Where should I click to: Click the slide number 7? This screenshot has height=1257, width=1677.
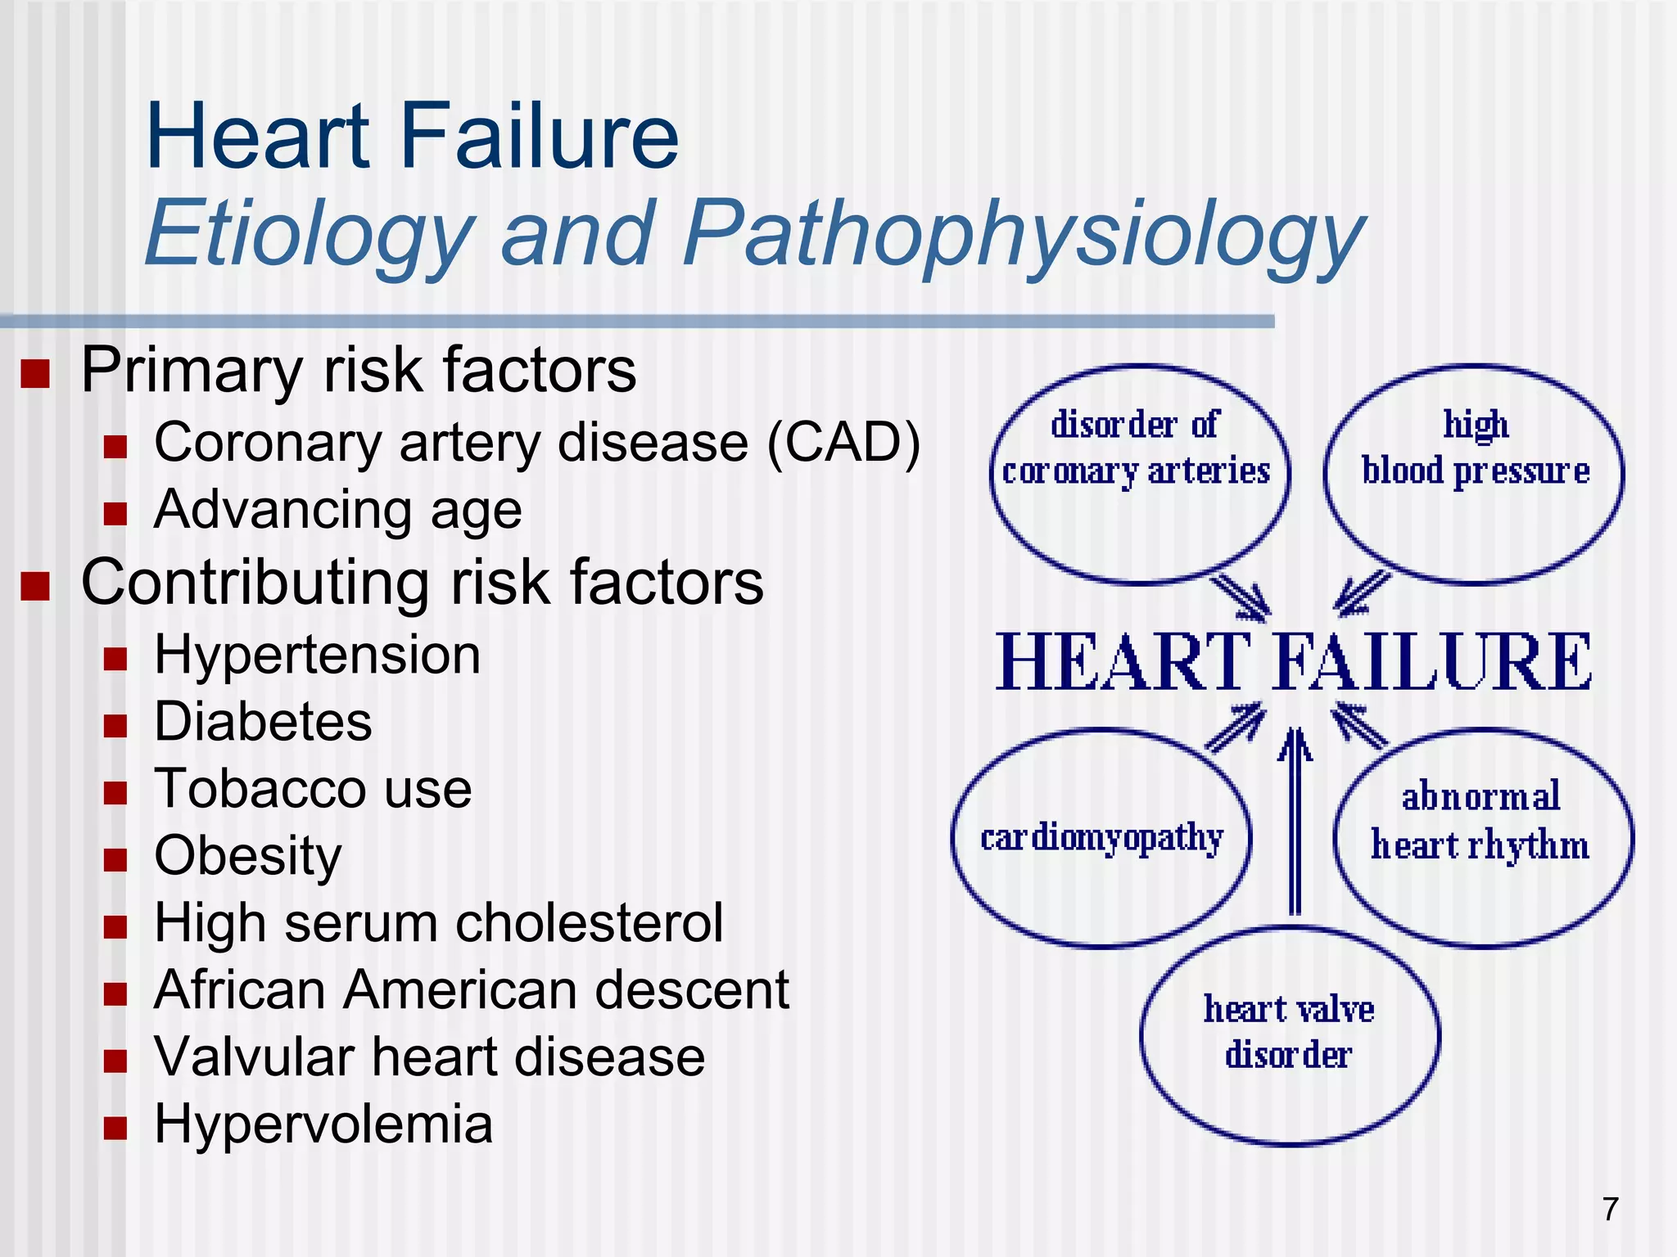[x=1610, y=1209]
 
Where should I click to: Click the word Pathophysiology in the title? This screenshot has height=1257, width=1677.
[x=1024, y=235]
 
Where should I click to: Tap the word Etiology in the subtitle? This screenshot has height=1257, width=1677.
[x=310, y=235]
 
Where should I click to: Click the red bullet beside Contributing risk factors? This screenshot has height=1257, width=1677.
[x=35, y=586]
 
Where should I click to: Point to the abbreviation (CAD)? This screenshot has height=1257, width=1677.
[x=843, y=443]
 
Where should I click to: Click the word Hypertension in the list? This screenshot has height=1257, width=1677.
[x=317, y=656]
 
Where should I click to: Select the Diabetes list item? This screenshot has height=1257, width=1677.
[x=263, y=722]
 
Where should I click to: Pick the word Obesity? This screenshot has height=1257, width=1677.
[x=247, y=856]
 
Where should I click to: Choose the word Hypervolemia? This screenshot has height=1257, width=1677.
[x=323, y=1124]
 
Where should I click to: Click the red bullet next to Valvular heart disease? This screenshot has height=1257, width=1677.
[x=115, y=1061]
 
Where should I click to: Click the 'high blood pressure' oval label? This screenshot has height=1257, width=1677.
[x=1475, y=448]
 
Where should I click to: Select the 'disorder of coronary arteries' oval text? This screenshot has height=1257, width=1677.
[x=1137, y=448]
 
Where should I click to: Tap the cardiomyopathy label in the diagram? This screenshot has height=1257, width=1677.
[x=1101, y=837]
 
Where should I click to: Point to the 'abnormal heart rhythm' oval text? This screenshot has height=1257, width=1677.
[x=1480, y=821]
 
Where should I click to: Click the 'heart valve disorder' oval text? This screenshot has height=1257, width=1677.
[x=1289, y=1032]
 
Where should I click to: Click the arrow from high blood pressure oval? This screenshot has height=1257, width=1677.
[x=1362, y=593]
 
